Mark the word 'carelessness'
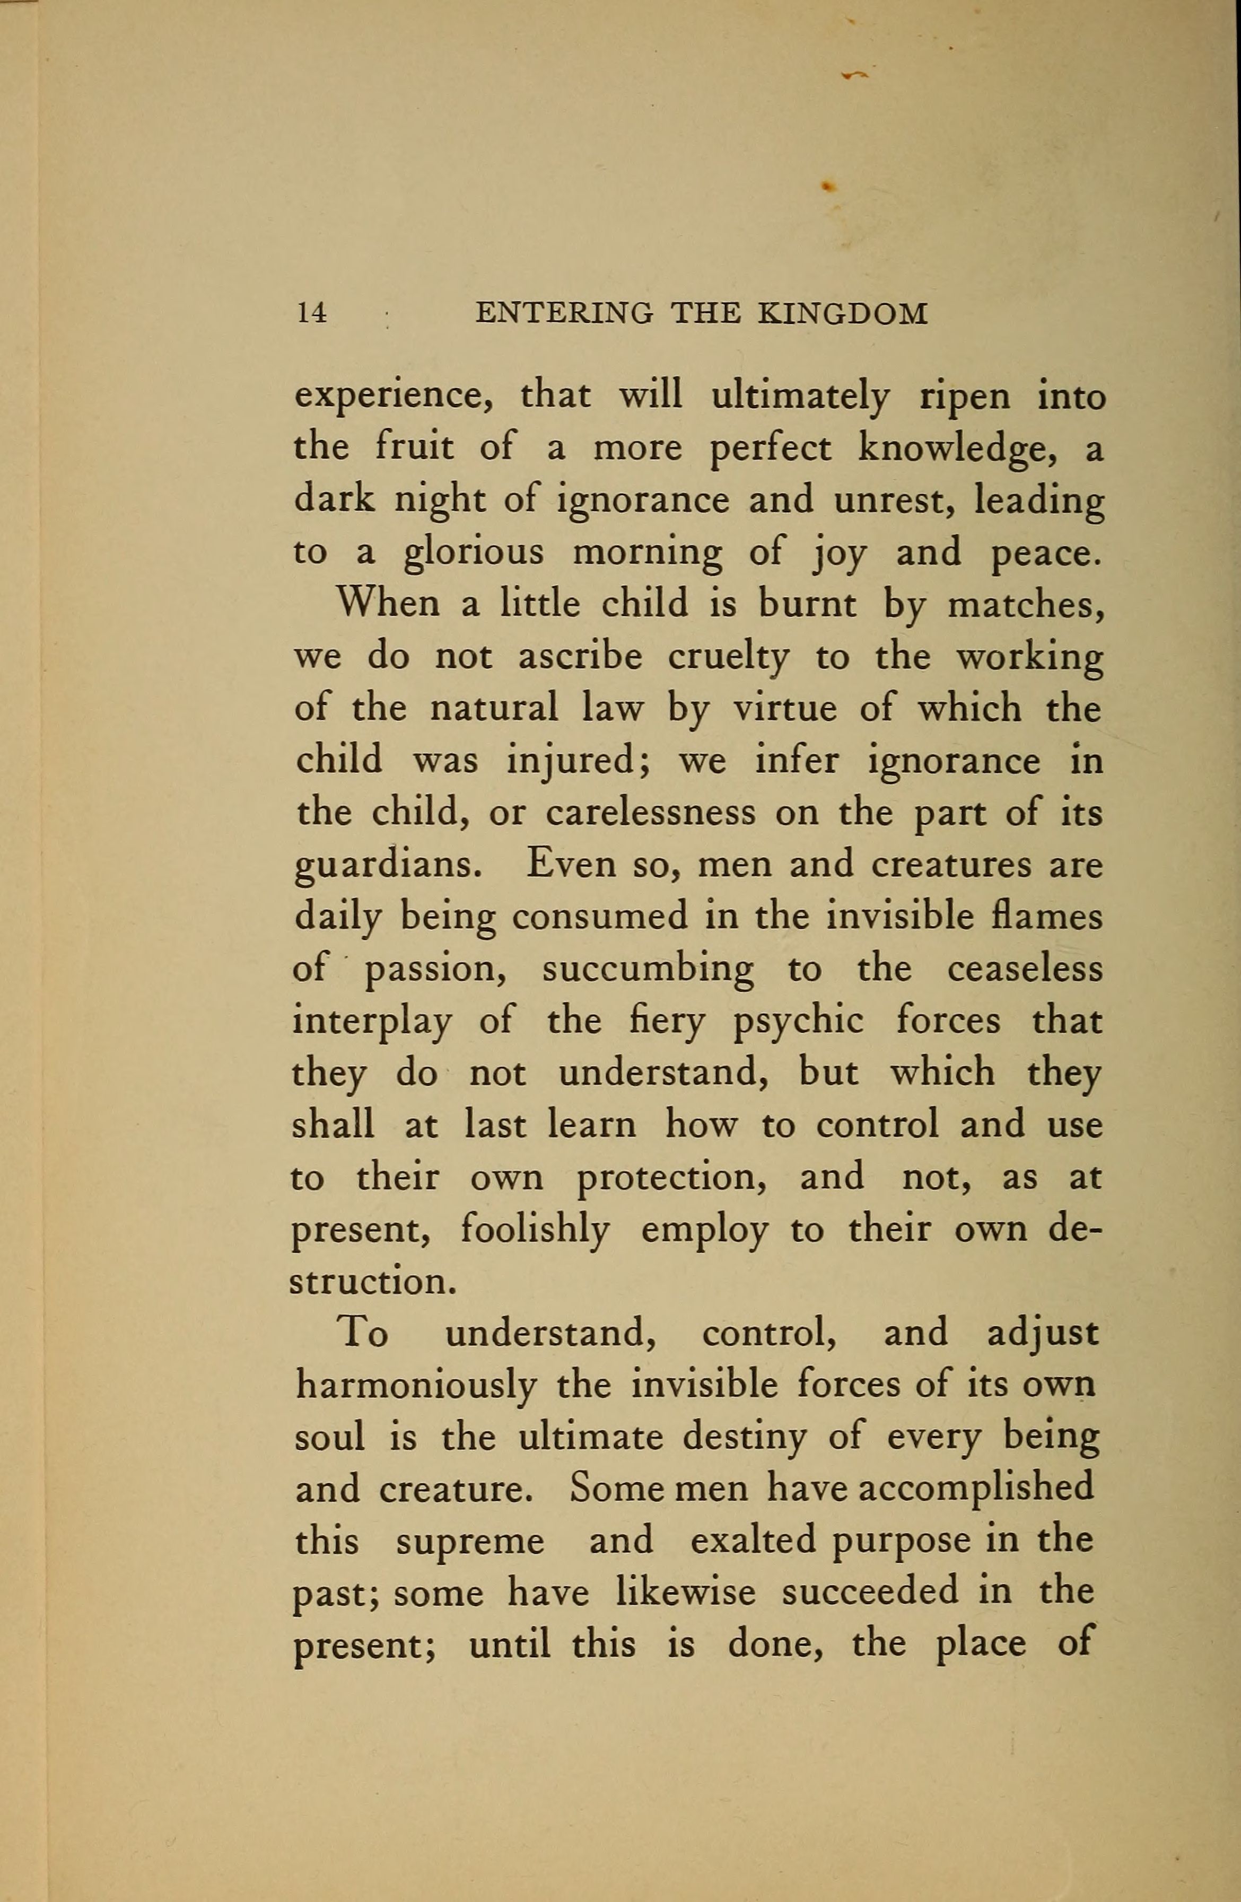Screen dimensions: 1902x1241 [x=651, y=813]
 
